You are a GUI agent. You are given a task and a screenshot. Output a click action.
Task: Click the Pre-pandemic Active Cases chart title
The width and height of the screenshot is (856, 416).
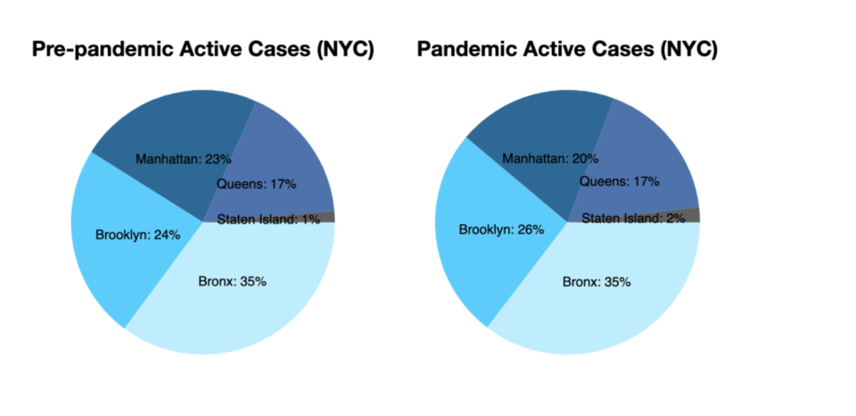(203, 50)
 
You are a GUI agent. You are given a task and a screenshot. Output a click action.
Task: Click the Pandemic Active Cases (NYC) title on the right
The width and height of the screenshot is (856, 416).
(567, 50)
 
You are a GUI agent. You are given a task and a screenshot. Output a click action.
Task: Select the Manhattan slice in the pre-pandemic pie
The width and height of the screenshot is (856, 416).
(164, 131)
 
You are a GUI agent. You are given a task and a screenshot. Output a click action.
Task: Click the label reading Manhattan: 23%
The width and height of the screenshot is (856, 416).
(184, 159)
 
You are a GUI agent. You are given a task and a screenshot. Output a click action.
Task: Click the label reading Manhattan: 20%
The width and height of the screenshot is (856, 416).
(550, 159)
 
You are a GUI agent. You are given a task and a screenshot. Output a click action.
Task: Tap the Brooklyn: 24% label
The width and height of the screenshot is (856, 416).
(137, 235)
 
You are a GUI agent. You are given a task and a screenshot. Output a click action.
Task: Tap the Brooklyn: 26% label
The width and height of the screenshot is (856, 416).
(502, 230)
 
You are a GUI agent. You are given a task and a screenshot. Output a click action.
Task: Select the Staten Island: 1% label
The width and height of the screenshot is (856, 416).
(268, 220)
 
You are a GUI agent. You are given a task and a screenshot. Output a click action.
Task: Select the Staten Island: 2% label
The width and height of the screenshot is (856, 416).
(633, 219)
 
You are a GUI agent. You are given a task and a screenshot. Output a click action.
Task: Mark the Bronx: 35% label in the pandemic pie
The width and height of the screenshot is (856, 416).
(597, 283)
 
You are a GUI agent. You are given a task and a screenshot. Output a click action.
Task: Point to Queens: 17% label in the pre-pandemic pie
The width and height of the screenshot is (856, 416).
(257, 184)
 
